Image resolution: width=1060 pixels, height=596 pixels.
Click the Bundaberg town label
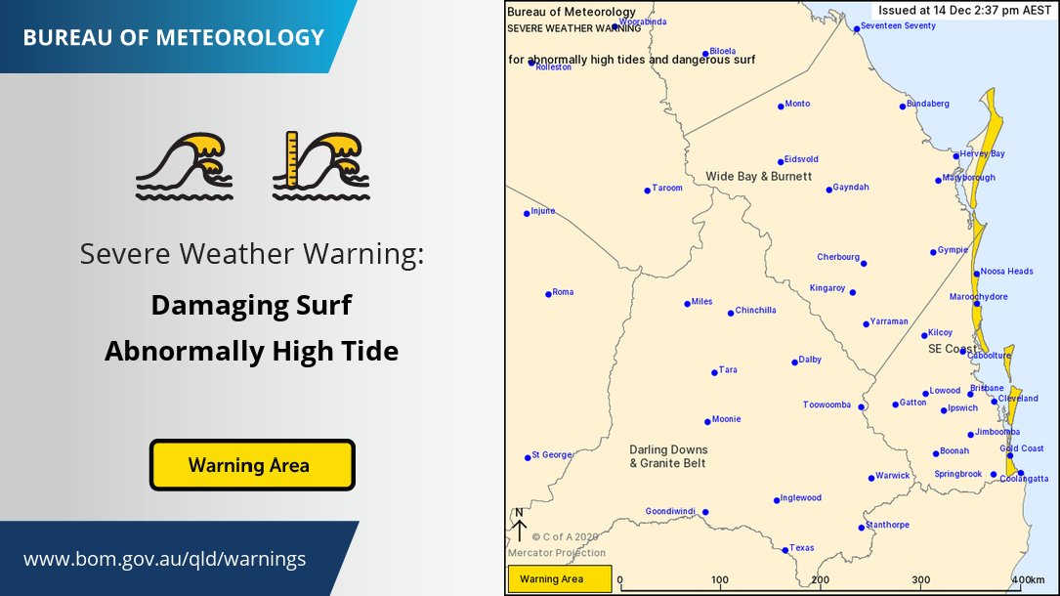(928, 104)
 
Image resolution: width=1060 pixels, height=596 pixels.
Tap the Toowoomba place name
(827, 404)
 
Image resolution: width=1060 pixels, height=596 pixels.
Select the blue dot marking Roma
(547, 293)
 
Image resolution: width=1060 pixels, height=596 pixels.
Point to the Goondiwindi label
(671, 511)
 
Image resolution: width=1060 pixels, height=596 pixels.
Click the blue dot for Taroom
(647, 190)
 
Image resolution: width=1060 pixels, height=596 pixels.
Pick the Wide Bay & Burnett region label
(759, 176)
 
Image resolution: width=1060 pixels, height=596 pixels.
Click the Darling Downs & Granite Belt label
(667, 456)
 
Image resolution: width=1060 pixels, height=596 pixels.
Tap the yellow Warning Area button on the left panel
(251, 465)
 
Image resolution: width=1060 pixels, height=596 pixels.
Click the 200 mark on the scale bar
(822, 579)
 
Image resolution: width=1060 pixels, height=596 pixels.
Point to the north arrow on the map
(519, 525)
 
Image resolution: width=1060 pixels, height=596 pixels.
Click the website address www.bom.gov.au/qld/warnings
(164, 560)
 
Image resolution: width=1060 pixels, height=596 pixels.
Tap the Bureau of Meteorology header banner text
(173, 38)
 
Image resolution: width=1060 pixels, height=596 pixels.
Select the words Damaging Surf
(251, 306)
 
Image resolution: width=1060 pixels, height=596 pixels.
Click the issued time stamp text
(965, 9)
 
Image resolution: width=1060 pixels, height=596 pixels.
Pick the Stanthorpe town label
(887, 525)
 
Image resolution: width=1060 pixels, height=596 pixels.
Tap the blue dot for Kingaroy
(853, 292)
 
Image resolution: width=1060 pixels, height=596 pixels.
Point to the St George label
(551, 455)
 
